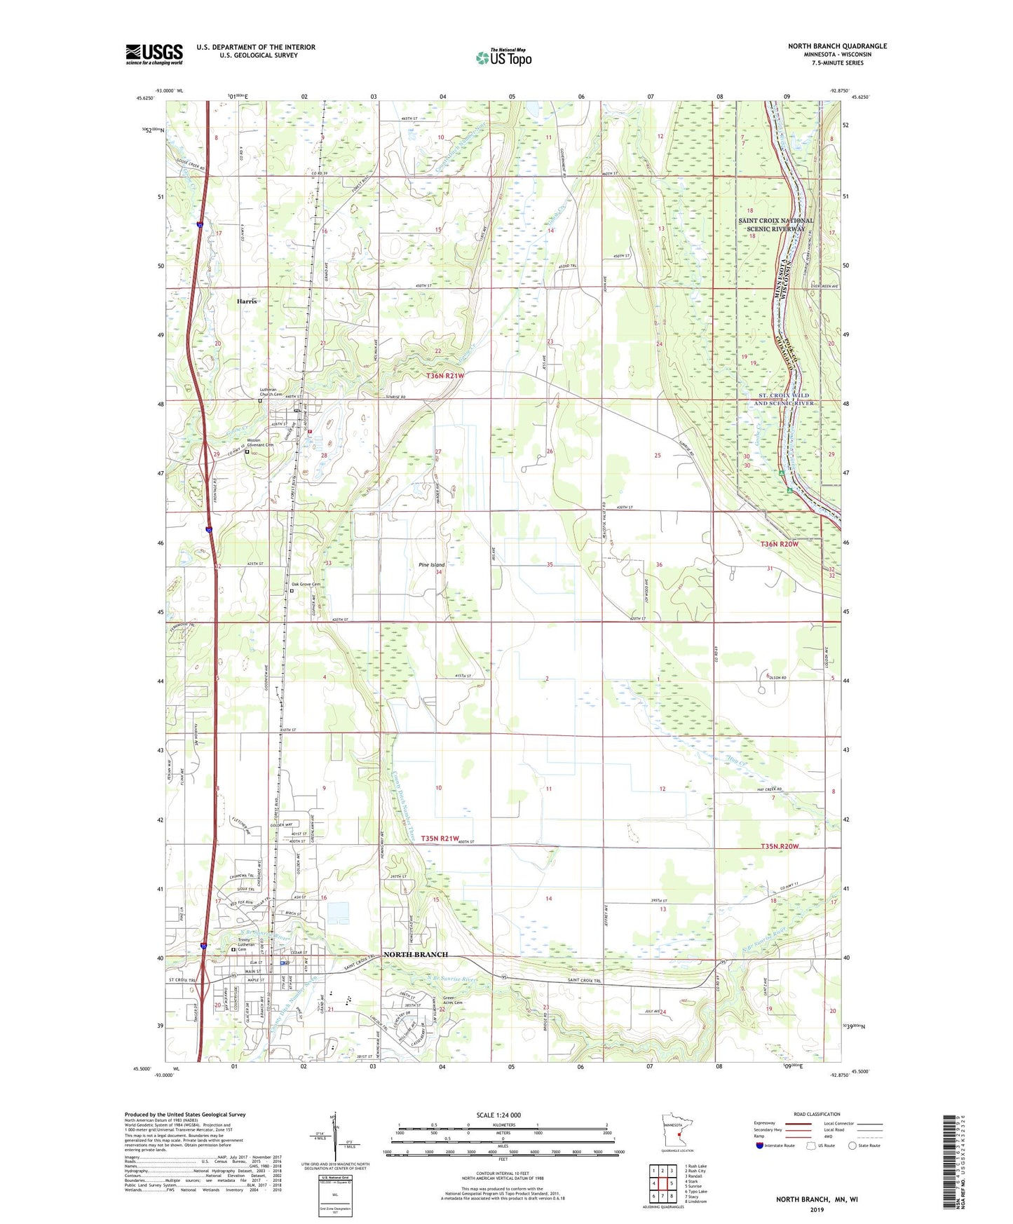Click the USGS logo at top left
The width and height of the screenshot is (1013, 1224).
coord(154,54)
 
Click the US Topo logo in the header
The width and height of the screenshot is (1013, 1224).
coord(503,57)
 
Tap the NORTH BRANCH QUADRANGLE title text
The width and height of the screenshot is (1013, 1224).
coord(837,46)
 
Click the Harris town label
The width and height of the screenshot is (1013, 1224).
coord(247,301)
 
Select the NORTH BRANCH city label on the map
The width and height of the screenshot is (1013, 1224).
coord(415,955)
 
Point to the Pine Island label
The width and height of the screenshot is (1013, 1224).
coord(431,564)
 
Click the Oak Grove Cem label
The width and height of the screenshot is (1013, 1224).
coord(306,584)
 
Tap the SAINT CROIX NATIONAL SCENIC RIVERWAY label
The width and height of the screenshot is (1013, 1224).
coord(776,224)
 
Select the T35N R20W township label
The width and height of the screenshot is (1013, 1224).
coord(780,846)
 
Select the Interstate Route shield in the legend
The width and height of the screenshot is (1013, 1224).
coord(761,1145)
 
